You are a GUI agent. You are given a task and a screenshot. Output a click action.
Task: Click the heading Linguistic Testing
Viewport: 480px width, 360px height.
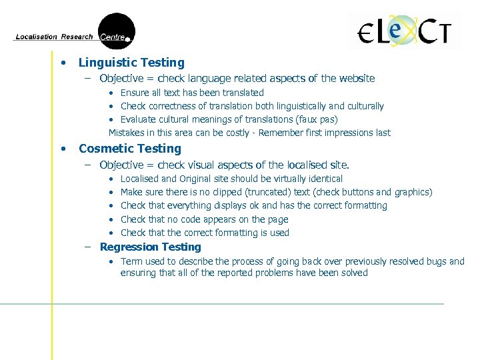pos(131,63)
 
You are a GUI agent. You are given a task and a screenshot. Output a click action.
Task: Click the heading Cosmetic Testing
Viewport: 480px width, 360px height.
pos(130,149)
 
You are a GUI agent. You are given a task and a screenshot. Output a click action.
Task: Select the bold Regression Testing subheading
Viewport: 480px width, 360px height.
pos(150,247)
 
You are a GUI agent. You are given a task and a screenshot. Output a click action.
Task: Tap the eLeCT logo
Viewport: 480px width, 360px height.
pos(404,31)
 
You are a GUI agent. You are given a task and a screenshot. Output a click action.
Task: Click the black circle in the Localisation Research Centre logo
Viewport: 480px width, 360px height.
pos(116,31)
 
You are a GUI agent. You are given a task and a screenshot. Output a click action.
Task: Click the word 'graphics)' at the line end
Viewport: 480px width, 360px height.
pos(413,192)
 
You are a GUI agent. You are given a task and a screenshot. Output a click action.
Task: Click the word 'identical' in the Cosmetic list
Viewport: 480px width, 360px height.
pos(323,179)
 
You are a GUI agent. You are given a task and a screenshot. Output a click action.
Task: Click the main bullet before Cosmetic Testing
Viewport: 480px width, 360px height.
pos(63,149)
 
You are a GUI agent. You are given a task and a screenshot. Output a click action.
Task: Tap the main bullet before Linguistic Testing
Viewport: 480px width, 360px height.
pos(63,63)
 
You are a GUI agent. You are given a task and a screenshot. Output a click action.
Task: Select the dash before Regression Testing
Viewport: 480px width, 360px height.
pos(88,247)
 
